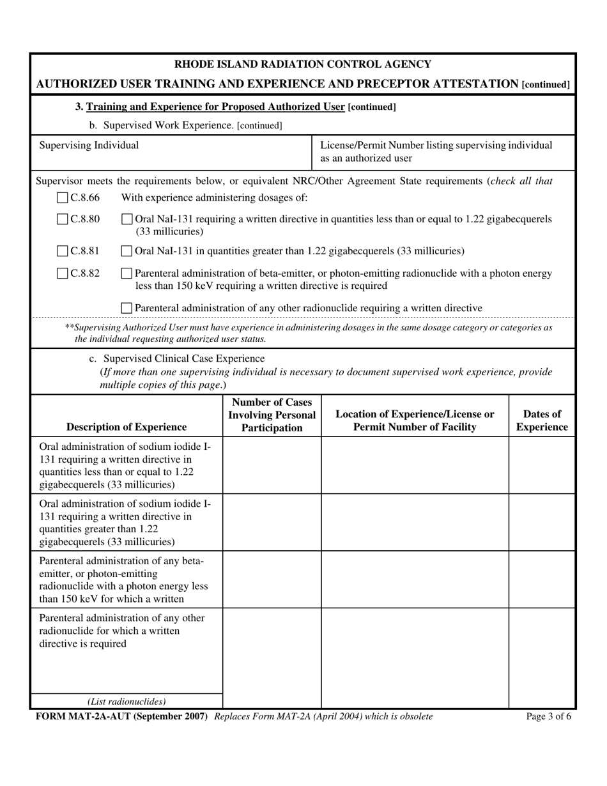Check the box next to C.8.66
pyautogui.click(x=63, y=198)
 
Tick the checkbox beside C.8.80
pyautogui.click(x=63, y=219)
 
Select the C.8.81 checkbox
pyautogui.click(x=63, y=251)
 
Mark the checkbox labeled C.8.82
pyautogui.click(x=63, y=274)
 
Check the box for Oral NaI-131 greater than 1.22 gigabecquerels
pyautogui.click(x=127, y=251)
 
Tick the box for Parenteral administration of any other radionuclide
pyautogui.click(x=127, y=308)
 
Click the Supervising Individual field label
pyautogui.click(x=89, y=146)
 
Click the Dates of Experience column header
pyautogui.click(x=542, y=420)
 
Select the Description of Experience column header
pyautogui.click(x=127, y=427)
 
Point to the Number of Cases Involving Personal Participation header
pyautogui.click(x=272, y=415)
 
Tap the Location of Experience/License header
pyautogui.click(x=415, y=420)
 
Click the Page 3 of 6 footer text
pyautogui.click(x=548, y=716)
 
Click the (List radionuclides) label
pyautogui.click(x=127, y=701)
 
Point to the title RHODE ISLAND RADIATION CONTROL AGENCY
pyautogui.click(x=303, y=64)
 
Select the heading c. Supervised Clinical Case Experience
pyautogui.click(x=177, y=358)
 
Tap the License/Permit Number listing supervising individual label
pyautogui.click(x=436, y=151)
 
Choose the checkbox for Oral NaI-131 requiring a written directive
pyautogui.click(x=127, y=219)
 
